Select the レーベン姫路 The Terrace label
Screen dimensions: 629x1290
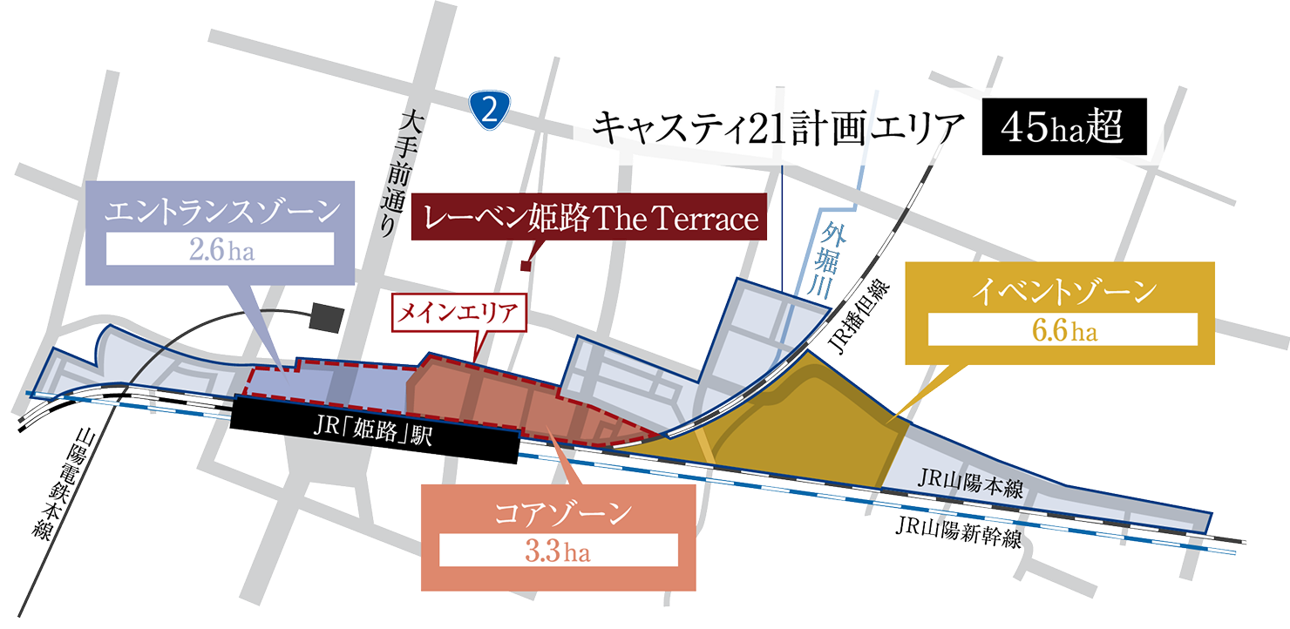coord(590,219)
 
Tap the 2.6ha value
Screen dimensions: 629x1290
coord(219,251)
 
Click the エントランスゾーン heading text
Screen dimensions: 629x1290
coord(219,212)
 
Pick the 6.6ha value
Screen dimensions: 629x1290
coord(1063,331)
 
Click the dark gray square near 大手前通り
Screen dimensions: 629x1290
coord(325,316)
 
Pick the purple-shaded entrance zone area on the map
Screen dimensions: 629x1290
coord(331,383)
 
